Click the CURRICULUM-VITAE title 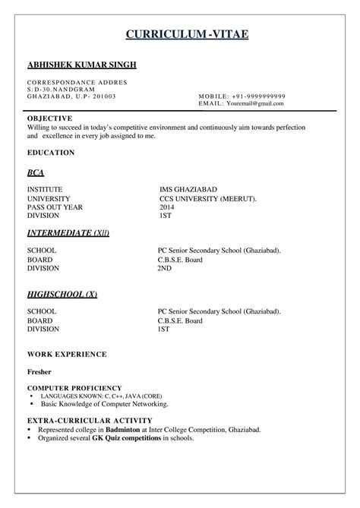tap(186, 35)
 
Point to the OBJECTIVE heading tap(49, 119)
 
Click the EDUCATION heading tap(51, 153)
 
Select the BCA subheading tap(36, 173)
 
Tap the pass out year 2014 tap(166, 207)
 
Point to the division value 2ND tap(164, 268)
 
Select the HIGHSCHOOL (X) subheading tap(62, 295)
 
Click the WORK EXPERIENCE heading tap(67, 355)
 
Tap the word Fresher tap(40, 373)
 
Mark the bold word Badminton tap(127, 430)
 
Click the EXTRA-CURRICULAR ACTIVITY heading tap(90, 420)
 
